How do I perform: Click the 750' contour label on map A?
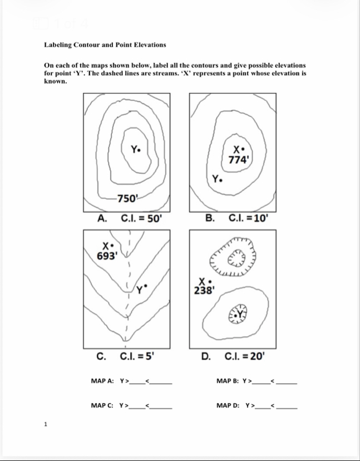pos(127,198)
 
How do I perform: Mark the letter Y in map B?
pos(215,179)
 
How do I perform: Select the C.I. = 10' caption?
pos(249,218)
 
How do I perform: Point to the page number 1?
pos(46,424)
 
